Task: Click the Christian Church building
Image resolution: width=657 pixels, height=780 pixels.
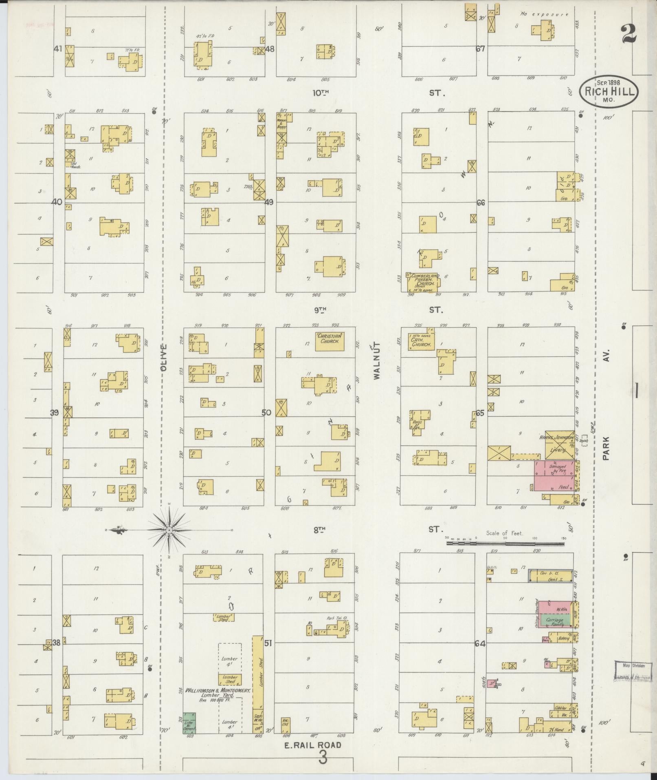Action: point(330,341)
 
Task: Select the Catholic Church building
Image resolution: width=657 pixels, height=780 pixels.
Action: point(422,342)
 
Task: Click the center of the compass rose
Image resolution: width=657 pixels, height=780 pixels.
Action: point(169,530)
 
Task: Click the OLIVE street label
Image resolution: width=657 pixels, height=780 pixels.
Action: point(164,357)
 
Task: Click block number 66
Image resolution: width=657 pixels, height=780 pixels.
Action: point(481,203)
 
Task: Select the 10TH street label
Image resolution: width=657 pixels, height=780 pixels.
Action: point(321,93)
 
